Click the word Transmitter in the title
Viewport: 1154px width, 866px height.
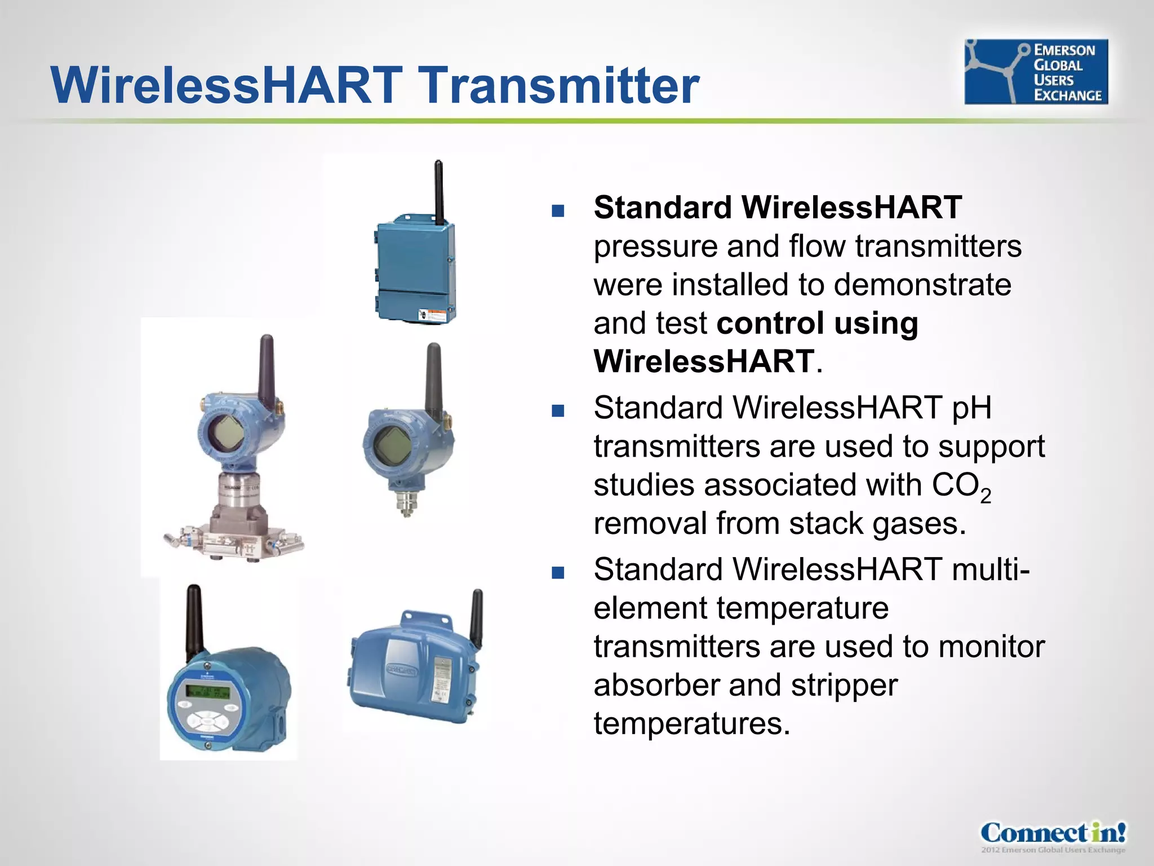point(560,85)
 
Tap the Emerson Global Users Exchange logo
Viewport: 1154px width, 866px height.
point(1036,72)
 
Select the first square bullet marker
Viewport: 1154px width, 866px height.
point(558,211)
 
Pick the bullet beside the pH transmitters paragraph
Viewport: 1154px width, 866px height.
point(558,410)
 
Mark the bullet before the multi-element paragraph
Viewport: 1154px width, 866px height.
point(558,573)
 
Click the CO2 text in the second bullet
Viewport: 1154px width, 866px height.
point(960,486)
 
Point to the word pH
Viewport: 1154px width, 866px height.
point(971,408)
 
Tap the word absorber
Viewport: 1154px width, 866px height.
point(656,685)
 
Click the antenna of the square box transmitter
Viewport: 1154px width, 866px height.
point(438,192)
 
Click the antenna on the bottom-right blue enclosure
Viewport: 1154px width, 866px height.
point(477,617)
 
